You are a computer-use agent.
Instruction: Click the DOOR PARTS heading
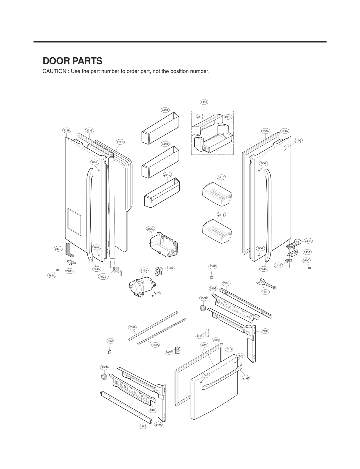click(x=73, y=61)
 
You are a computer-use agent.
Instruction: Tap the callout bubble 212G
click(x=298, y=141)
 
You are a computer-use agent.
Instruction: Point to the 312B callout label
click(x=150, y=229)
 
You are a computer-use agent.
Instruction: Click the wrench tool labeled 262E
click(x=266, y=284)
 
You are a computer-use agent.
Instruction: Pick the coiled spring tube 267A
click(x=117, y=269)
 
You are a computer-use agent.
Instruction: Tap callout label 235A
click(x=120, y=142)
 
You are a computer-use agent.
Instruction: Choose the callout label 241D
click(x=221, y=177)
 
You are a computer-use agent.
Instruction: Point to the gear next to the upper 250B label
click(x=203, y=308)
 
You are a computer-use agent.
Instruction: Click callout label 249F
click(x=143, y=426)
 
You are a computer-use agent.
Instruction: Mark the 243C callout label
click(x=58, y=249)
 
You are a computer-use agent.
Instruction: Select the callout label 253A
click(x=156, y=345)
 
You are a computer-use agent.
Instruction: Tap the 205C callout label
click(x=169, y=352)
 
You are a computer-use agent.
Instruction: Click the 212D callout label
click(x=246, y=377)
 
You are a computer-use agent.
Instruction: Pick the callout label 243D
click(x=308, y=241)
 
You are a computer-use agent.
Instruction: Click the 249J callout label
click(x=265, y=331)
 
